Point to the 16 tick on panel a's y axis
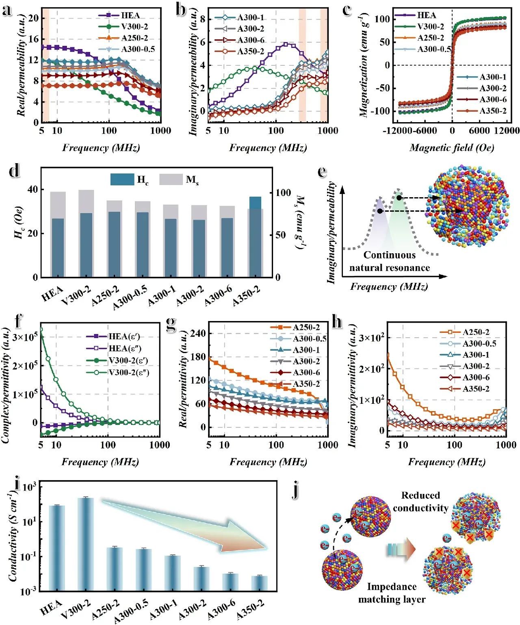pos(34,39)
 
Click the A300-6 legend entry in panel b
pos(250,40)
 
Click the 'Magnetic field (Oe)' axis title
pos(452,148)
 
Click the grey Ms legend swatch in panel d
pos(171,179)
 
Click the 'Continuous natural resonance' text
pos(389,261)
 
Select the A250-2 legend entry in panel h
pos(475,332)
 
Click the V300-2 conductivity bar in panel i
pos(89,544)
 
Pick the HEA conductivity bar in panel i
pos(57,548)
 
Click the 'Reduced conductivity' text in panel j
pos(420,502)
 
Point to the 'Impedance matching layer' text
pos(392,593)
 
